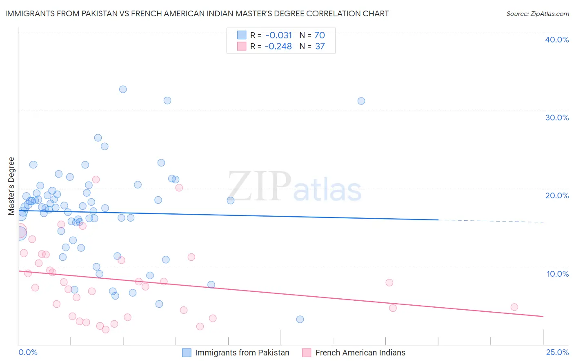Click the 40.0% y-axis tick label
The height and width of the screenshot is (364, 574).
[x=557, y=40]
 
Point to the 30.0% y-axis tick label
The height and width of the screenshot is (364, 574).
[x=557, y=118]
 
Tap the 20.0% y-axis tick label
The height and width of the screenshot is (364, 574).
[x=557, y=195]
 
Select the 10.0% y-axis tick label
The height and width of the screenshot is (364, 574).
[x=558, y=274]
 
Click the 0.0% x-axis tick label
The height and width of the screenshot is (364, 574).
[x=28, y=352]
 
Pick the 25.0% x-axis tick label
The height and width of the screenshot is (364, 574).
[x=557, y=352]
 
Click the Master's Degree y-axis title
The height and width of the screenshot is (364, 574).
[x=11, y=186]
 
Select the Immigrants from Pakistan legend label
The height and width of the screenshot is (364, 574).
[x=242, y=353]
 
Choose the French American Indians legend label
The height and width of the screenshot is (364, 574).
[x=360, y=353]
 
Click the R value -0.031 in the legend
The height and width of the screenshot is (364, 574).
[x=278, y=36]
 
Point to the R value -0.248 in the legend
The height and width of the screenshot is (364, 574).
[x=278, y=47]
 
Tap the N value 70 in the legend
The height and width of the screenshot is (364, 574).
[x=320, y=36]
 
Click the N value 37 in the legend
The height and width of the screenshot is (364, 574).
[x=320, y=47]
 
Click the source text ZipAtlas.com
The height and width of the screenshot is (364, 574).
[x=537, y=14]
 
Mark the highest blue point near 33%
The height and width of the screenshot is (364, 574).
[x=123, y=89]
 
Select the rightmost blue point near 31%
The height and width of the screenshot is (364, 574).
[x=361, y=101]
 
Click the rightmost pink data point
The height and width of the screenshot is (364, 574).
[x=514, y=307]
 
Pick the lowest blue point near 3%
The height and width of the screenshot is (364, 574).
[x=300, y=320]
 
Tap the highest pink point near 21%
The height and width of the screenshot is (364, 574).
[x=96, y=180]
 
